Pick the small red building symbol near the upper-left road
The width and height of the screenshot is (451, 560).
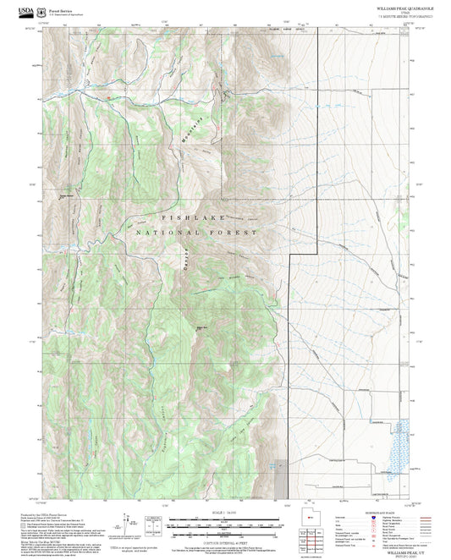(x=107, y=98)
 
